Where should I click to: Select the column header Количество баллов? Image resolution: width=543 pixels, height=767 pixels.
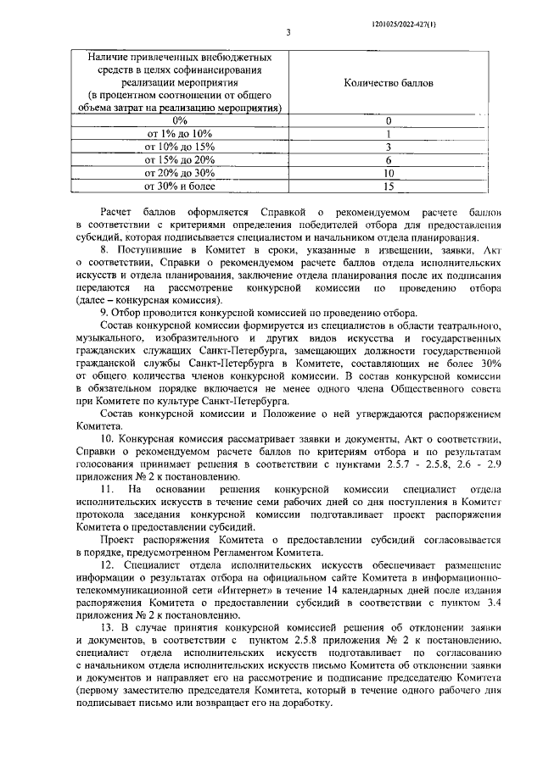(389, 84)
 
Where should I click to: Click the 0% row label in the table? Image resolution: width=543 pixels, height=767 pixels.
(179, 121)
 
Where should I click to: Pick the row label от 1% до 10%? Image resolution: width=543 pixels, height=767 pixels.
(179, 134)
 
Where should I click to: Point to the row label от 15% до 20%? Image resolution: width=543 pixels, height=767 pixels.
(179, 159)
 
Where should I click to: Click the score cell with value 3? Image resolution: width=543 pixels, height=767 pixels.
(389, 147)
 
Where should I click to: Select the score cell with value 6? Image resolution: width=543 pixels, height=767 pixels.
(389, 159)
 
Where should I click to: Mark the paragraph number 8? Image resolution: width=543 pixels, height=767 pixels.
(104, 252)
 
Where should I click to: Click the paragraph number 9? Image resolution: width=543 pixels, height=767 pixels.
(104, 314)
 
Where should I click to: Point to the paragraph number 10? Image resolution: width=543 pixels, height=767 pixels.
(108, 439)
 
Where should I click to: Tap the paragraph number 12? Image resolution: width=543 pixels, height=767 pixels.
(108, 565)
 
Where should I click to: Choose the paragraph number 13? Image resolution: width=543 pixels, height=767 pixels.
(108, 628)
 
